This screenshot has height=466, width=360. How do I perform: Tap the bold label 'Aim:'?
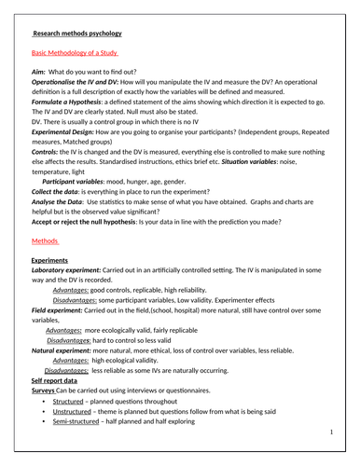[38, 72]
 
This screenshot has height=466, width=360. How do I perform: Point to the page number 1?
[330, 433]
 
